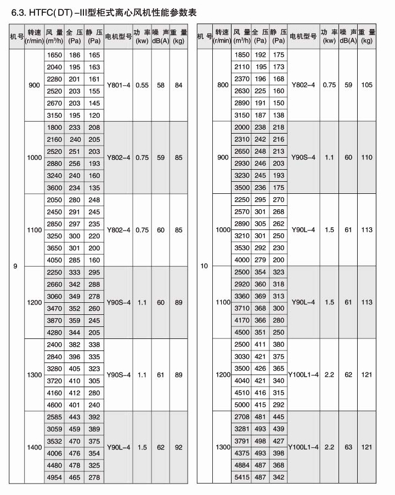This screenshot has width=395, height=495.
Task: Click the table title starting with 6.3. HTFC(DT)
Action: [100, 11]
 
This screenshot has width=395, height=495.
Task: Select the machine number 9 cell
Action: [15, 266]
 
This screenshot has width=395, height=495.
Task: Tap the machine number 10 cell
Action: [205, 266]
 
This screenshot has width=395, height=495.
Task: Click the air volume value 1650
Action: [55, 55]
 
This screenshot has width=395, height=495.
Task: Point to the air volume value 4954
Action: [55, 478]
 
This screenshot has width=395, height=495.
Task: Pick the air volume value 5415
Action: [242, 478]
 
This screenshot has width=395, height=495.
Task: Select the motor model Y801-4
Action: [119, 85]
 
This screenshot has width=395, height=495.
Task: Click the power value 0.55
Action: [142, 85]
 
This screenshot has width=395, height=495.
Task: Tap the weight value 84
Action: [178, 85]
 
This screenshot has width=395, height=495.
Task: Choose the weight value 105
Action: [367, 85]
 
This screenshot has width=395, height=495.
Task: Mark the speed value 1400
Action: [35, 447]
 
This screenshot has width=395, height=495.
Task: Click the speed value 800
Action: [223, 85]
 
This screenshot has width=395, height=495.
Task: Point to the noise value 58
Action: [161, 85]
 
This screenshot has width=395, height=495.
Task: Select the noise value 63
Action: [348, 447]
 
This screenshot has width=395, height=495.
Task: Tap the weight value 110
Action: [367, 157]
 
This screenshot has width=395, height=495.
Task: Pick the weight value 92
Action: [178, 447]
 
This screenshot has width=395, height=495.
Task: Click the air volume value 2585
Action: [55, 417]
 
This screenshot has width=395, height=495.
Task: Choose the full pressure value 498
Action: [261, 441]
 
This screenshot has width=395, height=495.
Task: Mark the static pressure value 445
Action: [279, 417]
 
